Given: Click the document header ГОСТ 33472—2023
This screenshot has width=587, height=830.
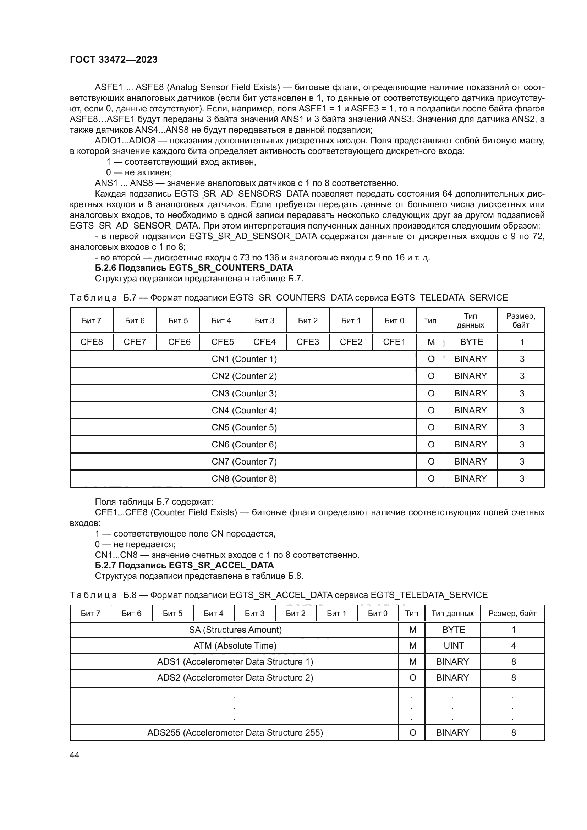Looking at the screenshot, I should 114,60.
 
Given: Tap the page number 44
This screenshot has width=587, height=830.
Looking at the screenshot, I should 75,755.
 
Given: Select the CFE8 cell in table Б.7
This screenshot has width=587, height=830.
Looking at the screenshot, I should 92,342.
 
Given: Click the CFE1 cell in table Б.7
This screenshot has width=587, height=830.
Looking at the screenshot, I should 394,342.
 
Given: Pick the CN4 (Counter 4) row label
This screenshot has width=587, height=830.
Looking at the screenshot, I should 244,410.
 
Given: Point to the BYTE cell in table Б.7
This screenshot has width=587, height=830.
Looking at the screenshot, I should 471,342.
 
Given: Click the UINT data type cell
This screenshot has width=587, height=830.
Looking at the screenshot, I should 453,645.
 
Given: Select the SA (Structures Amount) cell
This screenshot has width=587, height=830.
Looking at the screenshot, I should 235,630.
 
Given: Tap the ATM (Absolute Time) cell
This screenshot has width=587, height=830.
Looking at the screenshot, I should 235,645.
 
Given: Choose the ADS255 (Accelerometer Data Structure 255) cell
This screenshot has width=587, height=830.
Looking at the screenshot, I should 235,732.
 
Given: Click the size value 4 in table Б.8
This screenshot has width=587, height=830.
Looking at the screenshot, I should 513,645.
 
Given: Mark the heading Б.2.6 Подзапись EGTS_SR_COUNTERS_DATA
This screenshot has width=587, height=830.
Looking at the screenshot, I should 194,268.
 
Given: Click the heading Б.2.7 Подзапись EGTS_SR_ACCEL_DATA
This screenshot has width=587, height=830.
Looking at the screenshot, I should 184,565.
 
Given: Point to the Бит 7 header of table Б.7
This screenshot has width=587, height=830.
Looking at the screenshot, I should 92,321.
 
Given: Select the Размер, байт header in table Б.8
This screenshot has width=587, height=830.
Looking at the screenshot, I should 512,614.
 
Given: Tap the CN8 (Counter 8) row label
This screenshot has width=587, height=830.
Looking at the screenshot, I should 244,479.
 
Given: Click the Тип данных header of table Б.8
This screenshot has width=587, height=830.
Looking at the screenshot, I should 452,614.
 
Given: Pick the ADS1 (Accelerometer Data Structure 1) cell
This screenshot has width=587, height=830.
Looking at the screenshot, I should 235,661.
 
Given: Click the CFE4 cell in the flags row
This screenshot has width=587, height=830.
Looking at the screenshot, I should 264,342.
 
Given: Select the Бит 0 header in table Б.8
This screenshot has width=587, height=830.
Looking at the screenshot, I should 377,614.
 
